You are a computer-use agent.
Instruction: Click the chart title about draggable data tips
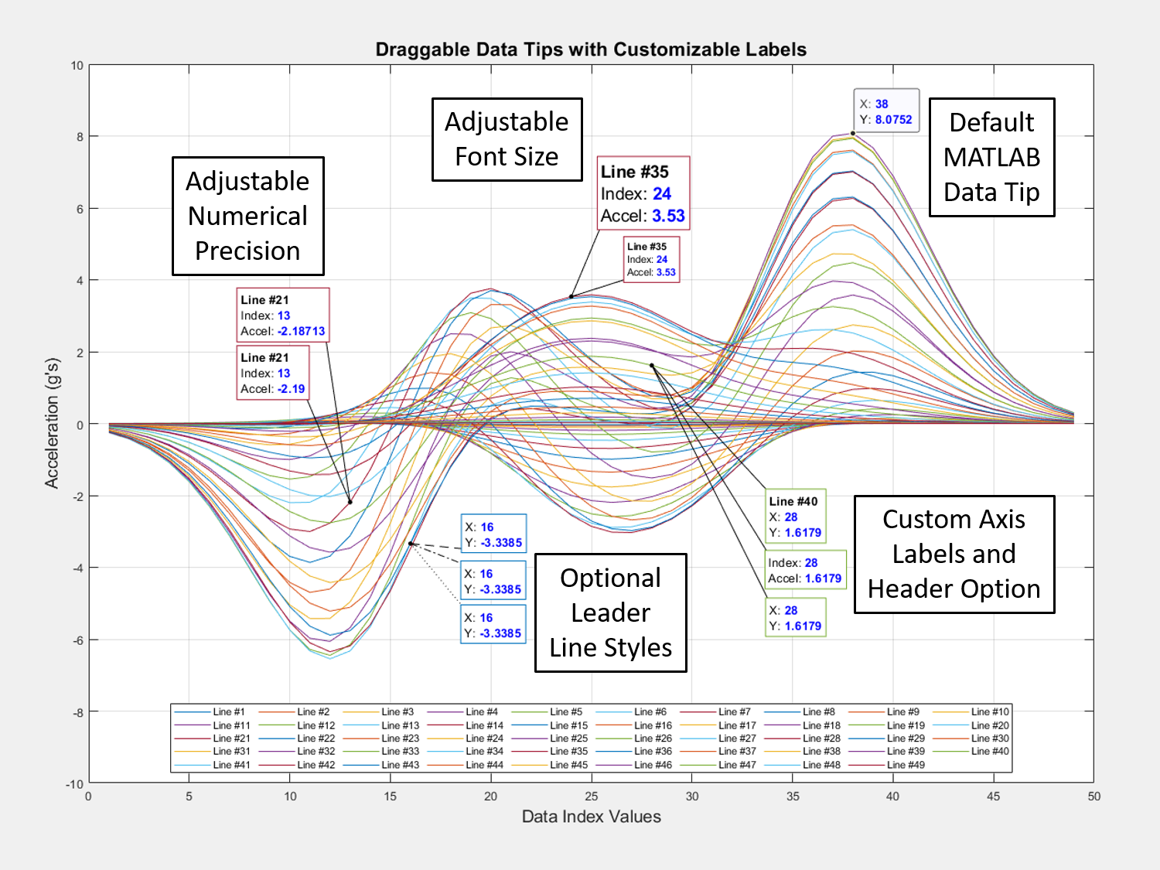tap(591, 49)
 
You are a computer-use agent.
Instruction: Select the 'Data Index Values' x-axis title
tap(591, 816)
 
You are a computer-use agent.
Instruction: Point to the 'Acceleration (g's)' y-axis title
tap(53, 423)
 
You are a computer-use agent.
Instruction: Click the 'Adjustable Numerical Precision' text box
tap(248, 216)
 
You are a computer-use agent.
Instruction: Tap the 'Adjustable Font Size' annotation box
tap(507, 139)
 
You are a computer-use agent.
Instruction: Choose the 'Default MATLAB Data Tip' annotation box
tap(991, 157)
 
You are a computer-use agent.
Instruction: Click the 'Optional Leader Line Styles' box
tap(610, 612)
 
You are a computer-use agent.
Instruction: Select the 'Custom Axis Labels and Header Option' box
tap(954, 554)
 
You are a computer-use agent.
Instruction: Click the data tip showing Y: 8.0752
tap(886, 111)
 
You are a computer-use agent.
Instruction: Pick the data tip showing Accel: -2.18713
tap(283, 315)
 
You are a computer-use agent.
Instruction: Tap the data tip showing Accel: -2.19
tap(273, 373)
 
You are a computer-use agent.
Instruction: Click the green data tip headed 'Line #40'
tap(795, 516)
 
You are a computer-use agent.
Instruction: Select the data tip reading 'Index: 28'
tap(805, 570)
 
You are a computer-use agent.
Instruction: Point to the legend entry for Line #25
tap(549, 738)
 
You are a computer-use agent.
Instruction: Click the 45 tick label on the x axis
tap(994, 796)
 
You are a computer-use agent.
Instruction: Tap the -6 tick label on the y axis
tap(77, 640)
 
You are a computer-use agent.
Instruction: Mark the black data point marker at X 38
tap(852, 134)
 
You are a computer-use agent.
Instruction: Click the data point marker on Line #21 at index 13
tap(350, 502)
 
